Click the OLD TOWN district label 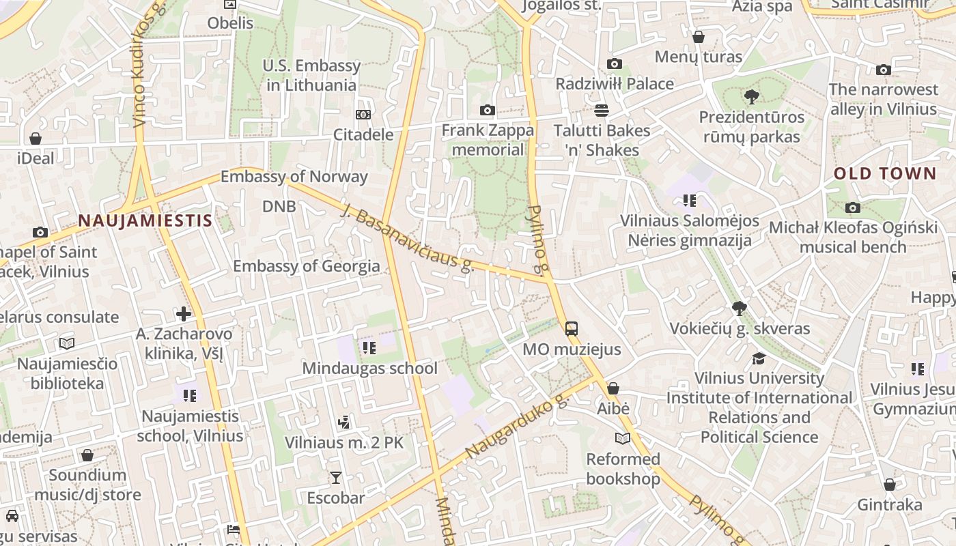point(884,173)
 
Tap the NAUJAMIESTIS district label point(145,220)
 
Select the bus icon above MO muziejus point(572,329)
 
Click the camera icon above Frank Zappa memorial point(487,110)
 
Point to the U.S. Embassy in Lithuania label point(311,75)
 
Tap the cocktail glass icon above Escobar point(335,477)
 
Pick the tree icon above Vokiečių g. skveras point(739,308)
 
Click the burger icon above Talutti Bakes point(602,110)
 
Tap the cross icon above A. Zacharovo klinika point(184,314)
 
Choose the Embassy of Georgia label point(306,266)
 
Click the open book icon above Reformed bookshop point(623,438)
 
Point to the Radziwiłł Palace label point(615,84)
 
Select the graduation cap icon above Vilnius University point(759,358)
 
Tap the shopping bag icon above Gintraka point(889,485)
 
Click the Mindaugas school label point(369,369)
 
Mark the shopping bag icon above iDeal point(36,139)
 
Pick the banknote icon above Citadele point(363,115)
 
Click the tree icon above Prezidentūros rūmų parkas point(752,97)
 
